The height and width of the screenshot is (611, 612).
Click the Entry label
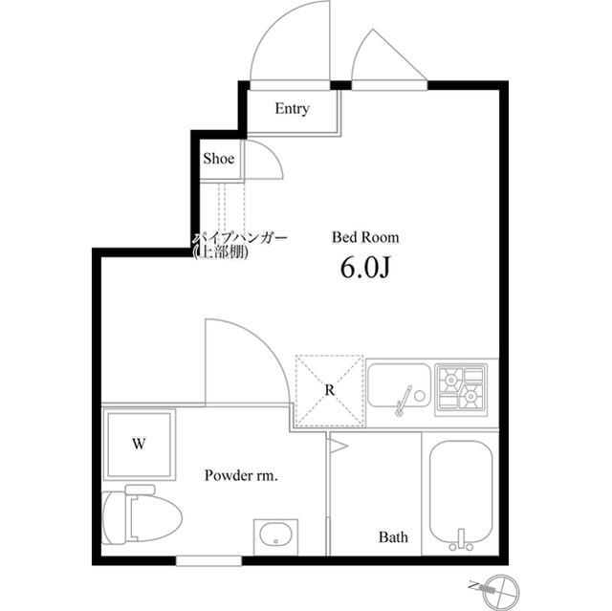[292, 109]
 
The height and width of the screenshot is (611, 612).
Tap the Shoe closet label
[219, 159]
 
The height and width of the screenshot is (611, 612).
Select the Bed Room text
[365, 237]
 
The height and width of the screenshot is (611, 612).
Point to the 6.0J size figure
[365, 268]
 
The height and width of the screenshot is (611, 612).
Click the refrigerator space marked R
[330, 390]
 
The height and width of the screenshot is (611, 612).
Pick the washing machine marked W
[139, 444]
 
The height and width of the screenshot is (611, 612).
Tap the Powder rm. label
[241, 475]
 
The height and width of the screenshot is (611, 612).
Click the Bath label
[393, 537]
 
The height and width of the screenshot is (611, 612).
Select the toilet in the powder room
[141, 514]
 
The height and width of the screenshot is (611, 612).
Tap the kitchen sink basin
[399, 385]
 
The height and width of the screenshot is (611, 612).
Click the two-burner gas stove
[461, 388]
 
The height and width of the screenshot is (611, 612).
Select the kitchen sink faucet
[403, 401]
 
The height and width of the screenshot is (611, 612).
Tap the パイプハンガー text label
[240, 237]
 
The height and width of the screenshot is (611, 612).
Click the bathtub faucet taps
[461, 541]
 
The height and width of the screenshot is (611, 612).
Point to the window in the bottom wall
[208, 560]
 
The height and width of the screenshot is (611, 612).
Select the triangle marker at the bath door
[338, 446]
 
